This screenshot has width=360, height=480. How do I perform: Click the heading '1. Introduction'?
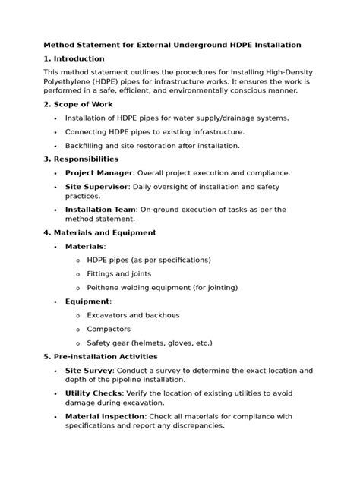[x=74, y=58]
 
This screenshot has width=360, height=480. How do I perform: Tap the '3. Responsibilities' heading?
[x=81, y=159]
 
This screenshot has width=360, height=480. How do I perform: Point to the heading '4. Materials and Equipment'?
[x=100, y=232]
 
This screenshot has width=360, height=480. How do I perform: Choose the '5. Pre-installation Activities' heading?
[x=101, y=356]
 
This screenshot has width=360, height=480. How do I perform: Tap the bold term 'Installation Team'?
[x=101, y=210]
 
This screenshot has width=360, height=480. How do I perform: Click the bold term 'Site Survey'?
[x=89, y=370]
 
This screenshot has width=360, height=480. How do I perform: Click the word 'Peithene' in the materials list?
[x=106, y=288]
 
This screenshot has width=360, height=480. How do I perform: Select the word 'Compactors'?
[x=109, y=329]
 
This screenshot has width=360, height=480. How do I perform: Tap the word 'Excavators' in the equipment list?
[x=109, y=315]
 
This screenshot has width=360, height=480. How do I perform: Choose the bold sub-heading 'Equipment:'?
[x=88, y=302]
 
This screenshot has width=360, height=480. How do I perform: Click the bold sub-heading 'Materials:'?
[x=86, y=247]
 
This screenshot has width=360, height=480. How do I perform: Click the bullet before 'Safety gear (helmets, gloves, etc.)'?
[x=78, y=343]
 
